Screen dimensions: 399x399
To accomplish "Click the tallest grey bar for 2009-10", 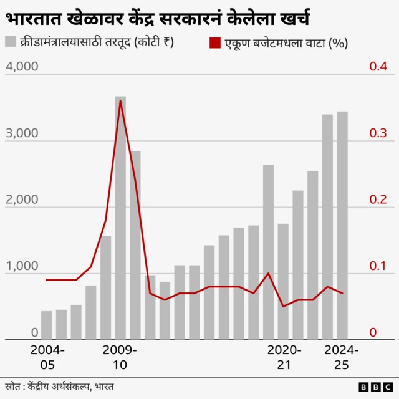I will click(x=120, y=218).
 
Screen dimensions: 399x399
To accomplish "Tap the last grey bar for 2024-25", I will click(x=342, y=225).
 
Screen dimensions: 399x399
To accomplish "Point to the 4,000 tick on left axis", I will click(x=22, y=67).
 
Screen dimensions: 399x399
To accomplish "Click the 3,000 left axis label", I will click(x=22, y=133).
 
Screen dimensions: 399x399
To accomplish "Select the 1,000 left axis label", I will click(x=22, y=267).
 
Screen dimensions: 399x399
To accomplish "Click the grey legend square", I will click(x=11, y=42).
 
